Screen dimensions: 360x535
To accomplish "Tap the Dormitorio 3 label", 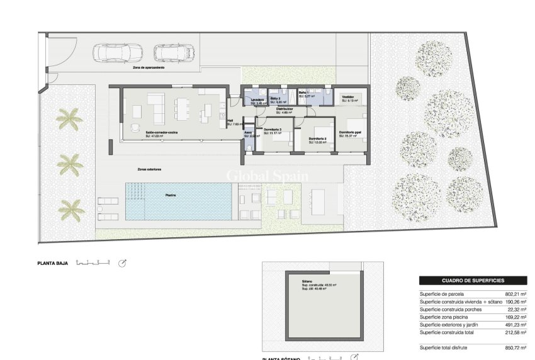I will [x=272, y=130].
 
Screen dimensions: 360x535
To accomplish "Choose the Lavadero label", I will [x=256, y=99].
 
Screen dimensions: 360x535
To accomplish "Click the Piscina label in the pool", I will [x=171, y=196].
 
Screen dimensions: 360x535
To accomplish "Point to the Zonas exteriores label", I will [x=150, y=169].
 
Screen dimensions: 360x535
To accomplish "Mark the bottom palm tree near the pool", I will [x=71, y=208].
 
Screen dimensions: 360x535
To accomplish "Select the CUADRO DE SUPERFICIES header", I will [x=473, y=281].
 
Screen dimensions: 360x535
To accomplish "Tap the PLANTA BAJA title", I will [x=52, y=263].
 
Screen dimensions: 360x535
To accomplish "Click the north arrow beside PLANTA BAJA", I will [x=123, y=263].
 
